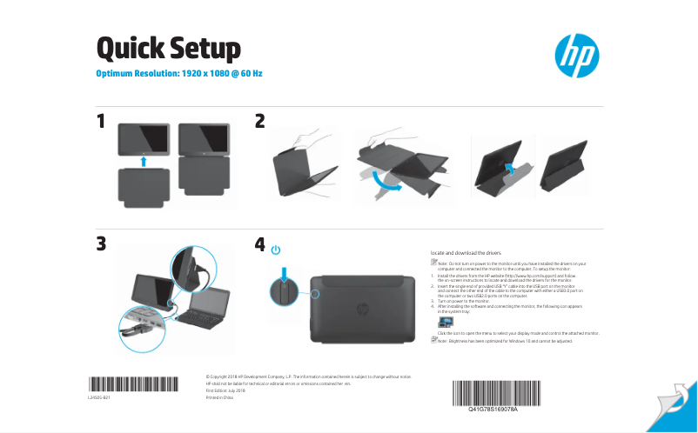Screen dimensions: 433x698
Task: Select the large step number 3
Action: [x=102, y=245]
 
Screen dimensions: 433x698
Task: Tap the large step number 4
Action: [x=259, y=245]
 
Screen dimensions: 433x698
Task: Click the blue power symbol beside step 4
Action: [x=277, y=250]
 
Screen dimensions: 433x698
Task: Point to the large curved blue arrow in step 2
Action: [x=383, y=181]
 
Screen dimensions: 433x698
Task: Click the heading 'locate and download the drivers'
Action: [x=466, y=251]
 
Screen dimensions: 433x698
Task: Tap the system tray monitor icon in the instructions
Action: [x=445, y=323]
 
